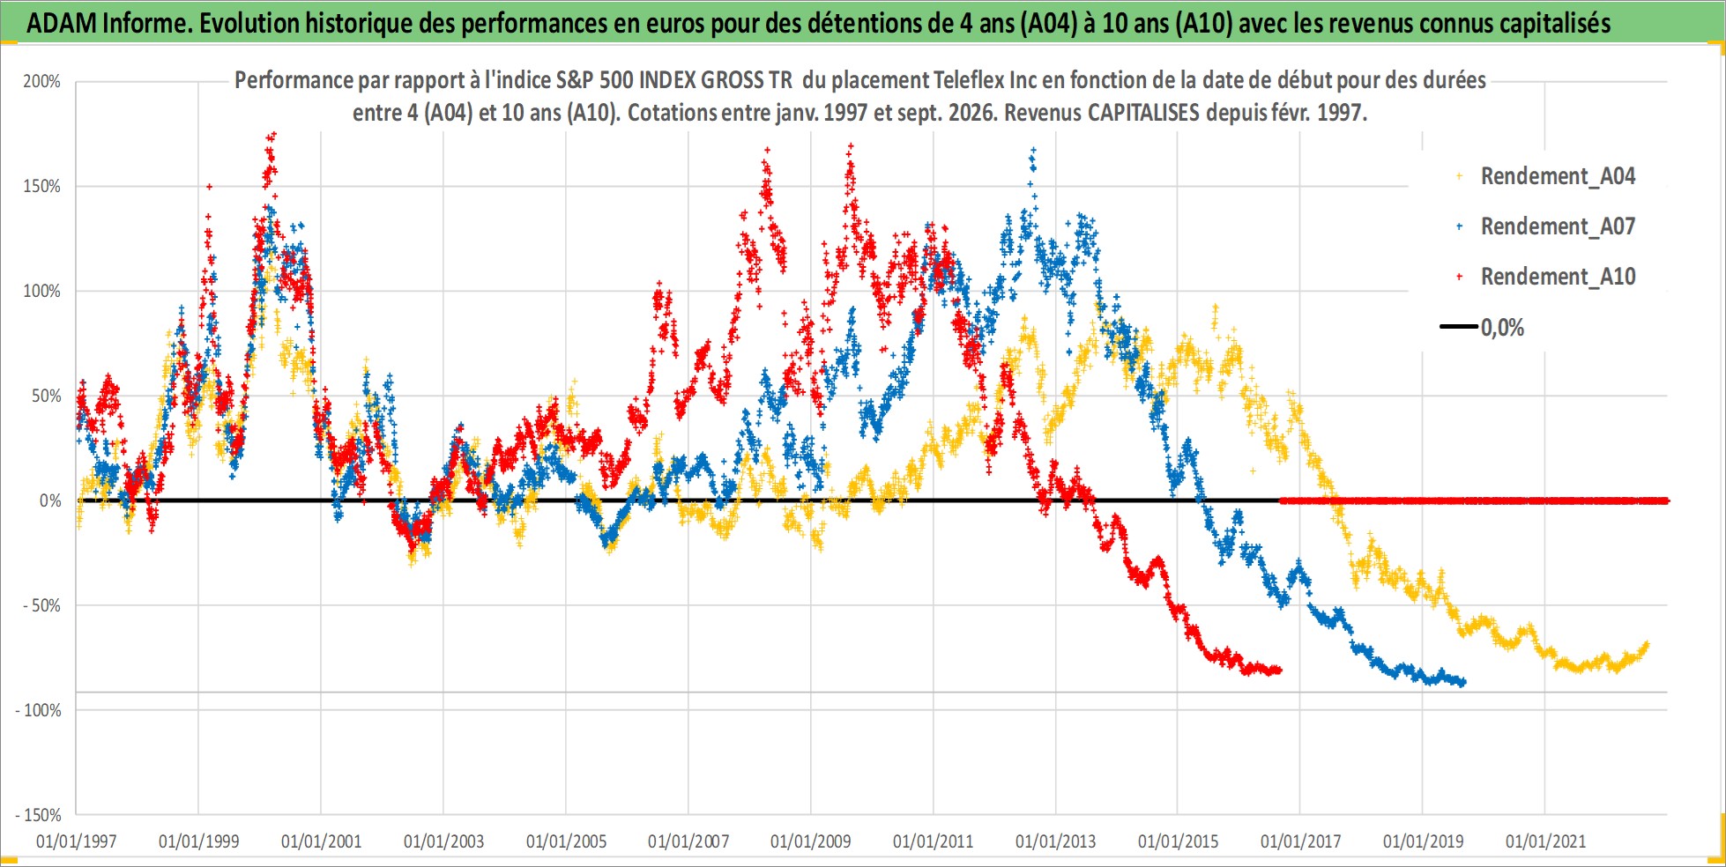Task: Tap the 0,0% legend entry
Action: tap(1483, 328)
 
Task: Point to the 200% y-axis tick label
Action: tap(41, 82)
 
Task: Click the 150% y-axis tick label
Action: tap(41, 187)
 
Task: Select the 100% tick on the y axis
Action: tap(41, 292)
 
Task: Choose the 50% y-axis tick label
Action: tap(47, 396)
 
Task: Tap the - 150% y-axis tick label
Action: tap(38, 815)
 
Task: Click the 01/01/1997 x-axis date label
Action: tap(76, 841)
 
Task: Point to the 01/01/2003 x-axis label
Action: tap(443, 841)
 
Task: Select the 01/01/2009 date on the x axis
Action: tap(811, 841)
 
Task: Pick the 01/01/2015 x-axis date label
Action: tap(1178, 841)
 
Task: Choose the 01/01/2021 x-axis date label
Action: tap(1545, 841)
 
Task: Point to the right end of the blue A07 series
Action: tap(1463, 683)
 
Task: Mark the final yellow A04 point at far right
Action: tap(1647, 645)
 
